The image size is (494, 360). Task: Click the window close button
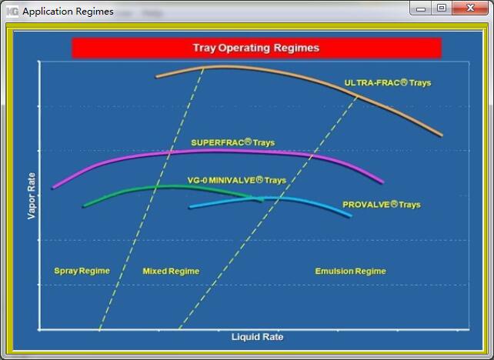click(x=470, y=8)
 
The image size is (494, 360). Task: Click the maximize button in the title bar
click(x=442, y=8)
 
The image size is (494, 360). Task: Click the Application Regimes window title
click(x=68, y=12)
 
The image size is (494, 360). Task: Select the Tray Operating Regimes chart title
click(x=256, y=48)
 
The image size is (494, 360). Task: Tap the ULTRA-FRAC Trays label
click(x=388, y=83)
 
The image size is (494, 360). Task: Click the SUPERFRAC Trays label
click(x=233, y=142)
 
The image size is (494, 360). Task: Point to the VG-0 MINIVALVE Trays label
click(x=236, y=180)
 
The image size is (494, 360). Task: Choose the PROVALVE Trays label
click(x=382, y=205)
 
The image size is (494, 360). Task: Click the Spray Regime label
click(x=82, y=271)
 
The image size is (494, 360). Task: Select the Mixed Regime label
click(x=171, y=272)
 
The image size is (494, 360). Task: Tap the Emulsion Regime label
click(x=350, y=272)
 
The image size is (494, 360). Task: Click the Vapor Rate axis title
click(x=32, y=196)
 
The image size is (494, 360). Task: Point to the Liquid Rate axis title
click(x=258, y=337)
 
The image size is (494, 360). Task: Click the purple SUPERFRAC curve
click(x=218, y=152)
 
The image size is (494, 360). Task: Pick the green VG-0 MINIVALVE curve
click(x=170, y=187)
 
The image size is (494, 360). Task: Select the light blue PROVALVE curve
click(x=271, y=198)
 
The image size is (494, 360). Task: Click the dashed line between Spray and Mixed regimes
click(x=152, y=199)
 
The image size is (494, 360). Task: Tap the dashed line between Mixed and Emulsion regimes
click(x=269, y=213)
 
